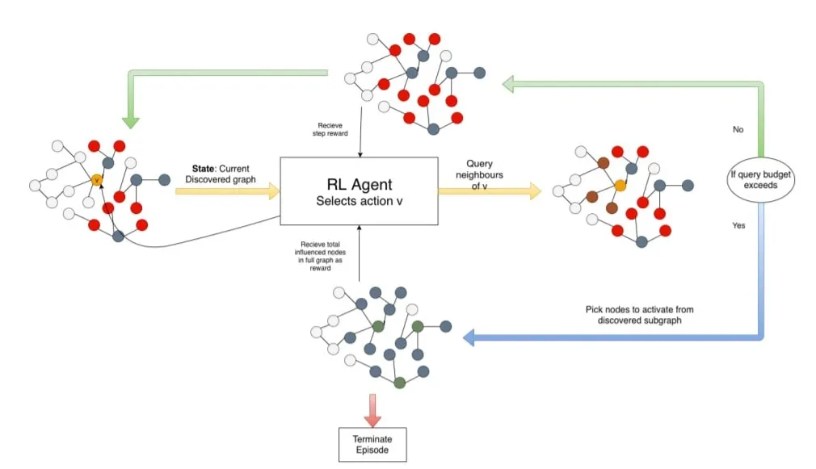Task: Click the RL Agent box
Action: tap(359, 191)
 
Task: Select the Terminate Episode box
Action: tap(372, 444)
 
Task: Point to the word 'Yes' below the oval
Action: tap(738, 226)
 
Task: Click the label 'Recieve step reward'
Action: tap(330, 130)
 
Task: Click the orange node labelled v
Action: tap(97, 180)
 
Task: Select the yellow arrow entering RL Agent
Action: tap(226, 191)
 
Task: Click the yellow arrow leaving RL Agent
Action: tap(490, 191)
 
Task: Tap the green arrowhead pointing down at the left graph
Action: tap(130, 122)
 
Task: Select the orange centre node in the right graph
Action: tap(620, 185)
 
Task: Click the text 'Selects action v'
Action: tap(359, 200)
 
